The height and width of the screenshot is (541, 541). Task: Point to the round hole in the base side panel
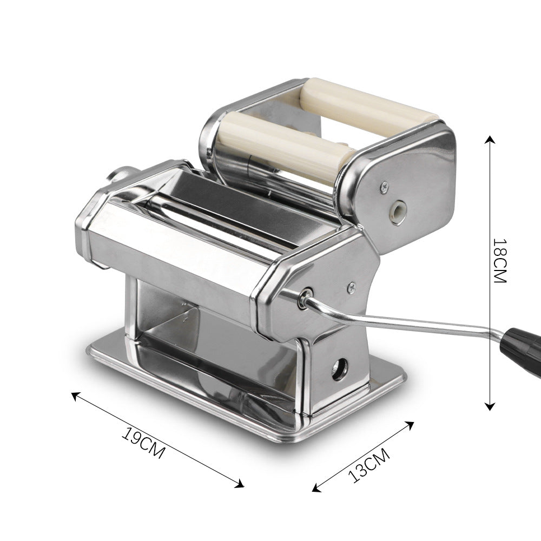(x=339, y=371)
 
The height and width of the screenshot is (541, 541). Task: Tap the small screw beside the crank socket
(x=351, y=285)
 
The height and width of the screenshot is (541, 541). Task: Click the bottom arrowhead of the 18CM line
(x=490, y=407)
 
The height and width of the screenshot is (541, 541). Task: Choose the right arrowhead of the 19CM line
(x=240, y=485)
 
